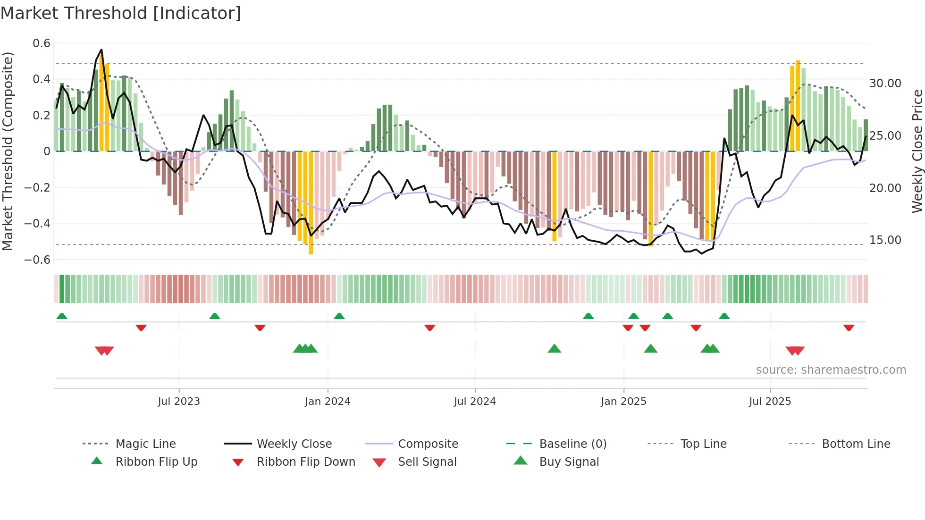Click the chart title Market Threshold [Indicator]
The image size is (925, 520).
(121, 13)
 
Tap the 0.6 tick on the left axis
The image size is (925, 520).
(42, 43)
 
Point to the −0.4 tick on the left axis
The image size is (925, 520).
(37, 224)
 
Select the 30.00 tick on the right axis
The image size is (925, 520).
(885, 84)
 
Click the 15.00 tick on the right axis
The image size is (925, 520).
(885, 240)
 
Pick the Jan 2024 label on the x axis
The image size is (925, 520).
(328, 402)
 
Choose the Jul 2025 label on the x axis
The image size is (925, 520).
(770, 402)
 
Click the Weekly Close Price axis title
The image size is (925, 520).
(917, 151)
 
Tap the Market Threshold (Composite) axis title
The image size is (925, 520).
(8, 151)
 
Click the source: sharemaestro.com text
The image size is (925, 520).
(831, 370)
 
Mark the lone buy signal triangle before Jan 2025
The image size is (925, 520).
(554, 349)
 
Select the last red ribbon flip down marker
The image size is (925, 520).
(849, 327)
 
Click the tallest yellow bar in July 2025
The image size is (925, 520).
(798, 106)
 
